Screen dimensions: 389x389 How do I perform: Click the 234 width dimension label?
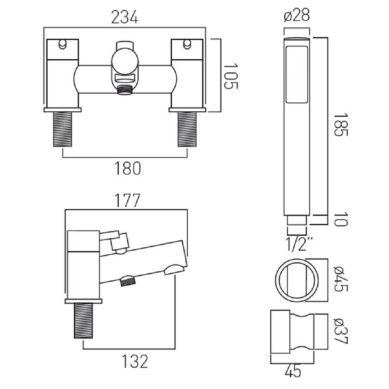(125, 17)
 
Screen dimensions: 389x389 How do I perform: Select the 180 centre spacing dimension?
(128, 168)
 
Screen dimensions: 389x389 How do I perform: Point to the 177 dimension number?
(127, 200)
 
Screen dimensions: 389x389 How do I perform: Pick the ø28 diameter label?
(297, 15)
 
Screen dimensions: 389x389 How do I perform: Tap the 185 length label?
(341, 125)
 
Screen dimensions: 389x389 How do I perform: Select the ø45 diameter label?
(341, 279)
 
